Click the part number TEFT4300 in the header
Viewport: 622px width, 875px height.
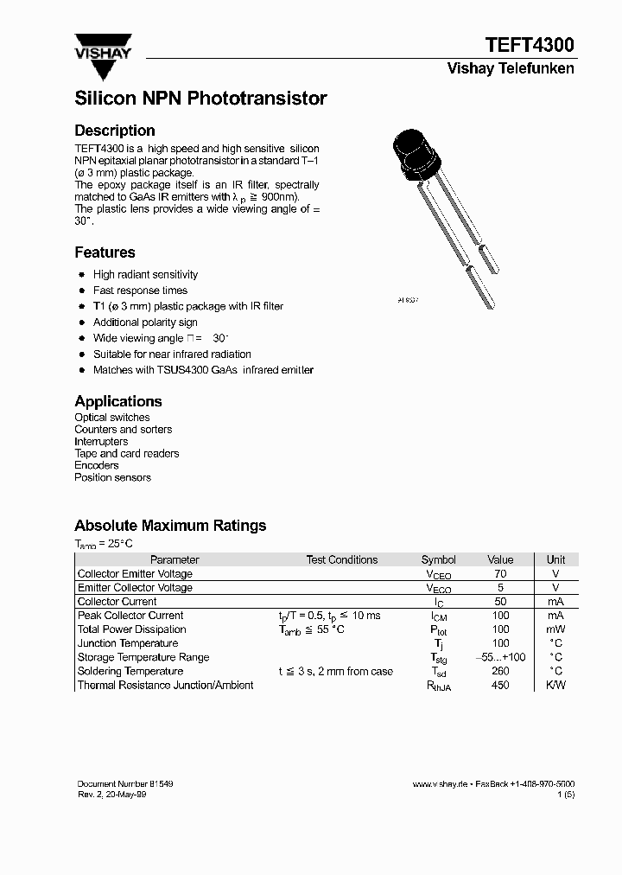528,46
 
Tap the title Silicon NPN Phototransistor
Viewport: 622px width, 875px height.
200,99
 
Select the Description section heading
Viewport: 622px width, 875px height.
115,131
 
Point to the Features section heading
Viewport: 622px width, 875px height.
105,252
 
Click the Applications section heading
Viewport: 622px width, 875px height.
118,401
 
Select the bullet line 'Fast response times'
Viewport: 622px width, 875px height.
140,291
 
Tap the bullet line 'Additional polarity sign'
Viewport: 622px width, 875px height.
145,323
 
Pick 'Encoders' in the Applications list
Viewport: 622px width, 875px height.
97,465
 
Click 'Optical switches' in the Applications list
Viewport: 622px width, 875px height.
112,418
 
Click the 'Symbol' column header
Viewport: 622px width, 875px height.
438,560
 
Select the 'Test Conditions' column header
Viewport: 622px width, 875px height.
342,560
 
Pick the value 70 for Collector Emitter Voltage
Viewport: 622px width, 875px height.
500,574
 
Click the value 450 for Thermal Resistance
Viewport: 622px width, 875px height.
500,686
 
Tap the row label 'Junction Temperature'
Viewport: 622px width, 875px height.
128,644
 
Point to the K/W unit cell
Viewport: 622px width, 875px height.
555,686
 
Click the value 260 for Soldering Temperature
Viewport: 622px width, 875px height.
500,672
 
